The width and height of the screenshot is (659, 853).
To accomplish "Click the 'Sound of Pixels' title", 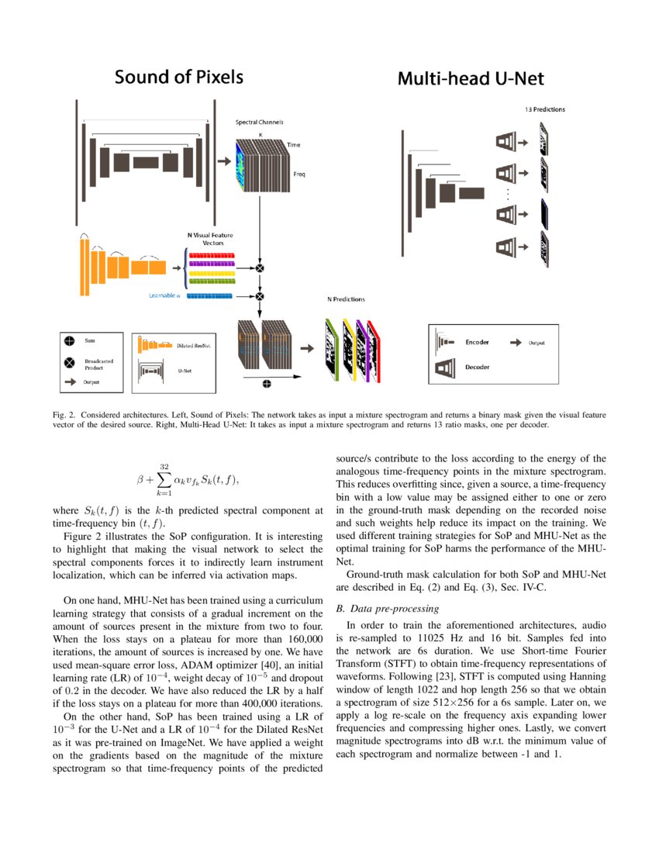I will click(179, 77).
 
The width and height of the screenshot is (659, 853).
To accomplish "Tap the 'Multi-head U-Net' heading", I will click(471, 78).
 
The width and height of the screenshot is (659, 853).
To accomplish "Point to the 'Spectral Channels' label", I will click(259, 123).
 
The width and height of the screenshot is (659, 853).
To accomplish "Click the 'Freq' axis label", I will click(298, 174).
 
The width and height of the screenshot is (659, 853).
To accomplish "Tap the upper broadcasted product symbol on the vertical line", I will click(260, 268).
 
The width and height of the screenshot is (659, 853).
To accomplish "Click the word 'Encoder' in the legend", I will click(477, 342).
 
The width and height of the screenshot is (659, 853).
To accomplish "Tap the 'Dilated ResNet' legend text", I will click(195, 344).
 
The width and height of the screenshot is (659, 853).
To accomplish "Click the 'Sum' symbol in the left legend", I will click(70, 340).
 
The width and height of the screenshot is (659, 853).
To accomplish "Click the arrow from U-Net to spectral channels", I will click(225, 161).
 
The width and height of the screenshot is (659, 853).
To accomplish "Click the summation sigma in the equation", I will click(164, 480).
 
